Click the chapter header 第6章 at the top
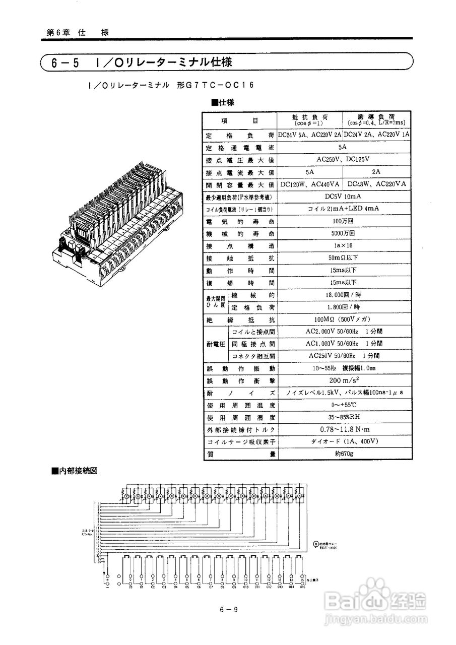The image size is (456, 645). (57, 32)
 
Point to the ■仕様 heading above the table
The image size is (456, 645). (223, 102)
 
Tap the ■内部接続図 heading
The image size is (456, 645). (74, 471)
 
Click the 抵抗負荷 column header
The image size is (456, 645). (309, 119)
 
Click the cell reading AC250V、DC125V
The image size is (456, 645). (343, 159)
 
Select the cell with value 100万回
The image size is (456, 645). (343, 221)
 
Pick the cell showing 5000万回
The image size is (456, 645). (343, 233)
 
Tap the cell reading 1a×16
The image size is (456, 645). (343, 245)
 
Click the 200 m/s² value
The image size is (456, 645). (343, 379)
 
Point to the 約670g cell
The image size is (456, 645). (343, 454)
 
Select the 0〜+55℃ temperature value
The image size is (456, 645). (343, 405)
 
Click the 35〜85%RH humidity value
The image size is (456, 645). (343, 417)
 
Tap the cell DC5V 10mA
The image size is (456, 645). (343, 196)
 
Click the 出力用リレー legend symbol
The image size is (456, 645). (316, 544)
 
